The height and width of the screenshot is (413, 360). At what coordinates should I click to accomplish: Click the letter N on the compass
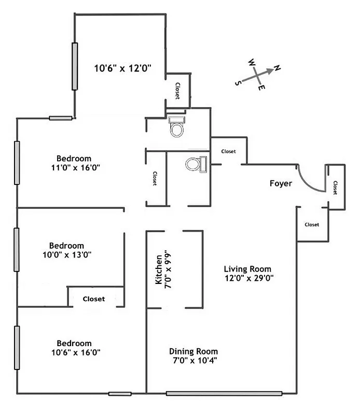point(277,68)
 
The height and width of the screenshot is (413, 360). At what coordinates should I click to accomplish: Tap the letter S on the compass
point(238,83)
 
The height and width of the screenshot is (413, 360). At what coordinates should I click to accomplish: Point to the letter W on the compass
point(252,62)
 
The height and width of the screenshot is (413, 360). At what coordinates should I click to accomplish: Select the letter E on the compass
point(261,88)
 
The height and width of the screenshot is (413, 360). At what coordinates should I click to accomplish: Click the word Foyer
point(281,183)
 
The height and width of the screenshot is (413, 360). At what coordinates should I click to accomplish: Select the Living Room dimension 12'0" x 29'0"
point(249,278)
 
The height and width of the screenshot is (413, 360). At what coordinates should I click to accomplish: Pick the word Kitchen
point(159,269)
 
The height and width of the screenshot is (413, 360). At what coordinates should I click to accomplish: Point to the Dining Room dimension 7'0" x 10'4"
point(195,360)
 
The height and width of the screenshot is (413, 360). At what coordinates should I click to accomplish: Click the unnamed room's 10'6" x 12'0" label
point(122,68)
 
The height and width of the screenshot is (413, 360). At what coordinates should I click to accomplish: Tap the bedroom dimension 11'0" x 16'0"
point(76,167)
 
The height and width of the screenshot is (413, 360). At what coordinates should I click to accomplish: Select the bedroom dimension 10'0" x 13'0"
point(67,255)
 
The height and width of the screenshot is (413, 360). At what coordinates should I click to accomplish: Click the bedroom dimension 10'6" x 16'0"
point(76,352)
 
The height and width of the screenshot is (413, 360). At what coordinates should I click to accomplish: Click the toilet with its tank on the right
point(196,164)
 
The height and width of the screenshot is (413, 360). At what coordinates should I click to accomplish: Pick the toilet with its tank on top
point(177,126)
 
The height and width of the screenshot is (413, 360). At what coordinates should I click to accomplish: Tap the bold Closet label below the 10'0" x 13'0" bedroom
point(94,299)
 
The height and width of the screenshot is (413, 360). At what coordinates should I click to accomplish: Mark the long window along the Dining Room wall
point(224,393)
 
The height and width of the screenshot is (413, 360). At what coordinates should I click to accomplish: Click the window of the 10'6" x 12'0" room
point(75,66)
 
